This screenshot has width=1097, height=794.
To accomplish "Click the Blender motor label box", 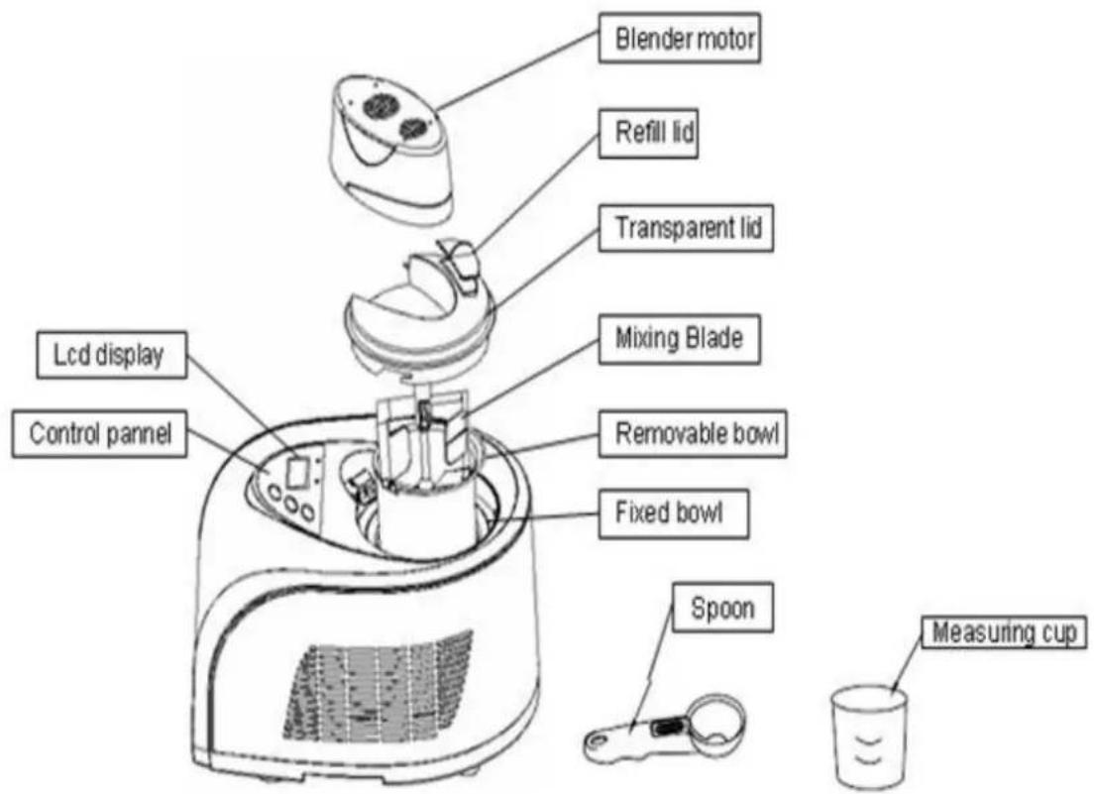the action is (680, 38).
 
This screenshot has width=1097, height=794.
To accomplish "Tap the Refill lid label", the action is (648, 132).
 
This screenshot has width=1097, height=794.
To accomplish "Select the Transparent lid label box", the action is (687, 228).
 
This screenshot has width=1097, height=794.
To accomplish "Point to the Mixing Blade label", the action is (680, 339).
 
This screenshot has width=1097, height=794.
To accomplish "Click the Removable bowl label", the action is (693, 434).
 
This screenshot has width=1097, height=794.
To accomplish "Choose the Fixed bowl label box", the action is (674, 513).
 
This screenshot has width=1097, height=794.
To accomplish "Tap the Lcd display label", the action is (112, 355).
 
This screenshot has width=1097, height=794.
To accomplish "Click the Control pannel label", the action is (99, 434).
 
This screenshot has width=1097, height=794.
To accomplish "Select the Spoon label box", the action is (722, 608).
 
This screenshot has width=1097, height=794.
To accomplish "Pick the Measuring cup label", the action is (1005, 631).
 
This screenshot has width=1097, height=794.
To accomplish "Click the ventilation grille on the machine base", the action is (378, 693).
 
